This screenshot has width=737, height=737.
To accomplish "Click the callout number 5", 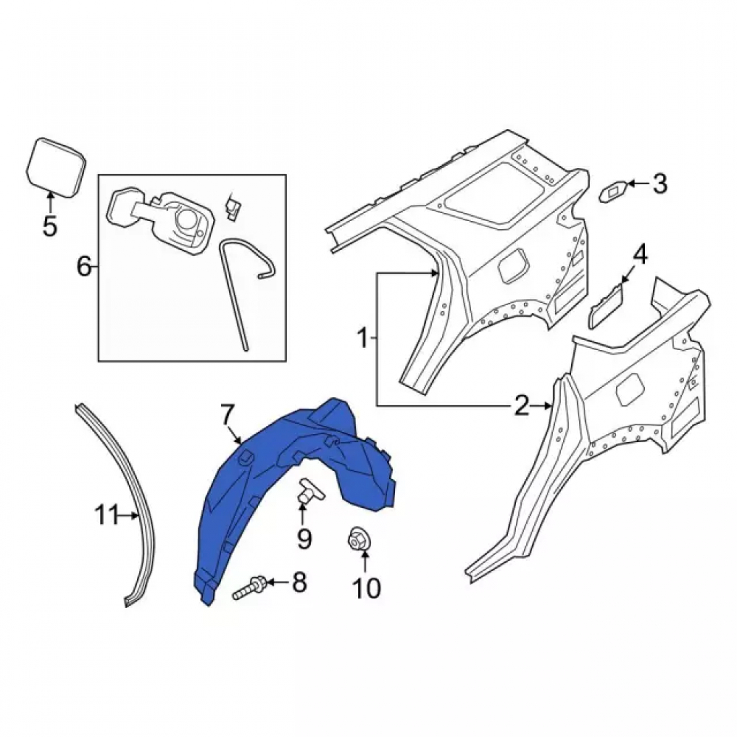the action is coord(49,226).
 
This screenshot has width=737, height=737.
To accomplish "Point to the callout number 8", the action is coord(299,582).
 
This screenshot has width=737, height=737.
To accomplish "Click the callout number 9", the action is coord(304,539).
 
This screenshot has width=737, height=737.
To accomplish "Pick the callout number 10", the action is coord(366,587).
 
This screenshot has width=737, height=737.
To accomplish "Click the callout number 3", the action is coord(660,184).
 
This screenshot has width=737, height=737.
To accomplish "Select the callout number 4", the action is coord(640,256).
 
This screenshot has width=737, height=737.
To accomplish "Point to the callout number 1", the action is coord(363,338).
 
